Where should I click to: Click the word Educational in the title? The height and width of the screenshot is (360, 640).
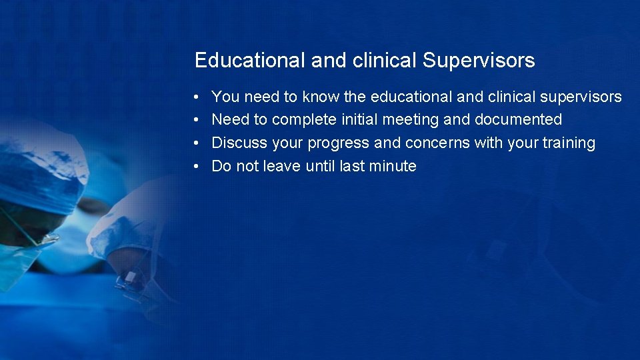tap(250, 61)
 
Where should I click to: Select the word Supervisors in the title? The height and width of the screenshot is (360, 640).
tap(478, 61)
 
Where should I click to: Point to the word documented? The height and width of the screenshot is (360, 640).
tap(518, 120)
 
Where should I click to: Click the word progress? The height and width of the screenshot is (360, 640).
tap(338, 144)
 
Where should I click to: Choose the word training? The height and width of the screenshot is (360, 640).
tap(569, 143)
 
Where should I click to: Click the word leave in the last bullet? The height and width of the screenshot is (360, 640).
tap(283, 167)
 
